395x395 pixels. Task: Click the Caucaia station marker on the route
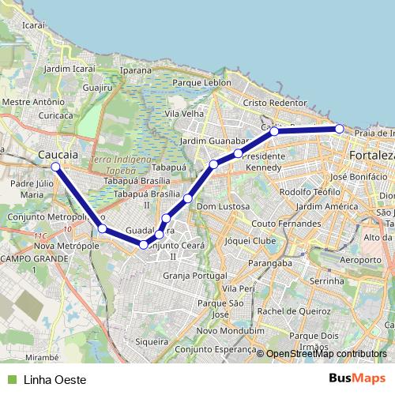pos(55,167)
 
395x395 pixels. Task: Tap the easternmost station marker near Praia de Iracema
pos(339,128)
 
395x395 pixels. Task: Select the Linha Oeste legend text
pos(55,379)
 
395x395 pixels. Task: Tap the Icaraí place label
pos(34,25)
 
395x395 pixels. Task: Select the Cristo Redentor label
pos(274,103)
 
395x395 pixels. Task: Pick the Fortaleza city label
pos(371,156)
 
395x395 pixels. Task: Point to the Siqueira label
pos(152,341)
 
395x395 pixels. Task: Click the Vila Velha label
pos(183,114)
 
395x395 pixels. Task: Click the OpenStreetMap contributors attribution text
pos(326,353)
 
